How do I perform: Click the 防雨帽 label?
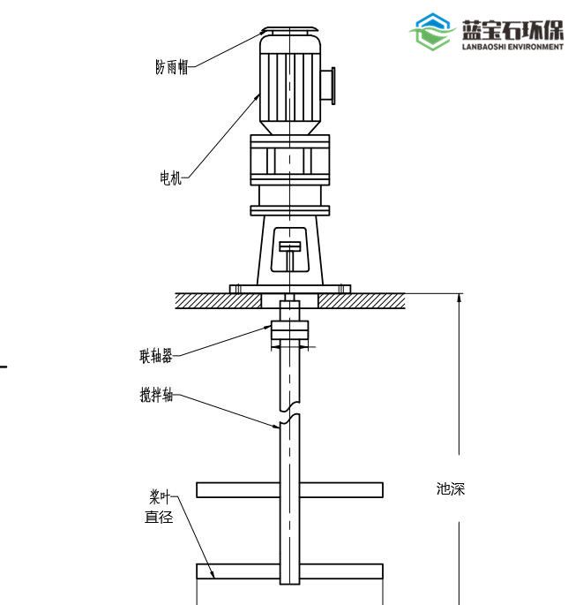[172, 67]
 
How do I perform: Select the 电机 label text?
[170, 178]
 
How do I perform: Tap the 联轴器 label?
[155, 356]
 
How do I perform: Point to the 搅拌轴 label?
[156, 395]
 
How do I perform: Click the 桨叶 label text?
[160, 497]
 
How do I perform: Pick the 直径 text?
[159, 517]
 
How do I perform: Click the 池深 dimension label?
[451, 489]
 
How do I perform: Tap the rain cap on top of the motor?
[289, 30]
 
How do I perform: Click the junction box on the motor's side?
[328, 86]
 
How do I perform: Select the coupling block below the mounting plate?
[290, 330]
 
